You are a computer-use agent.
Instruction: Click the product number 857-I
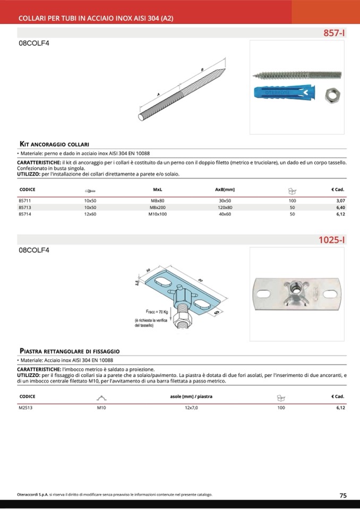(334, 33)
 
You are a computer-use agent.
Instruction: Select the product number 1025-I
(332, 240)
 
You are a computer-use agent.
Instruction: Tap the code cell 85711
(24, 201)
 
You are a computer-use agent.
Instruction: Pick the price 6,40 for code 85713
(340, 208)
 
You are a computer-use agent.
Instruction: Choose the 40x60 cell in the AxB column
(225, 214)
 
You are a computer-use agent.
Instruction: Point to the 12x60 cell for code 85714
(90, 214)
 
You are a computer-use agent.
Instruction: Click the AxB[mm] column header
(225, 189)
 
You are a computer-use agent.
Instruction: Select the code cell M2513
(25, 408)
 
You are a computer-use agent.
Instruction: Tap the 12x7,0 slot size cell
(191, 408)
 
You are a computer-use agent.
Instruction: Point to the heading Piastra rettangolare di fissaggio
(70, 351)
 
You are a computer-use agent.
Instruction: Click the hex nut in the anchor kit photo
(332, 96)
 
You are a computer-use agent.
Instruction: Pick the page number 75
(343, 495)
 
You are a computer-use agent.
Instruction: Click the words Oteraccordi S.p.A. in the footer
(33, 495)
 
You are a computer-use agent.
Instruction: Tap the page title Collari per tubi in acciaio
(96, 18)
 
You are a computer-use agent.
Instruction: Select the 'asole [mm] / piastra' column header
(191, 396)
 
